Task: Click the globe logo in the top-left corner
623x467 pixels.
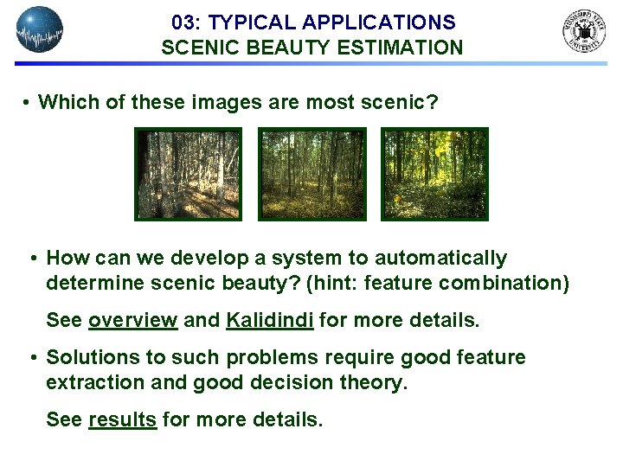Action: [40, 29]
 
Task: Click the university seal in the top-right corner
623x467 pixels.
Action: [585, 31]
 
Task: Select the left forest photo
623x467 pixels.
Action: [188, 174]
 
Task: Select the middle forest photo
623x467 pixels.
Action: [312, 174]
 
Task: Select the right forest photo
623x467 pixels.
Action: [435, 174]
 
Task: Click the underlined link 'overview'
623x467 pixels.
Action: [132, 321]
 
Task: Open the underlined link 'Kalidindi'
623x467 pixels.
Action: [270, 321]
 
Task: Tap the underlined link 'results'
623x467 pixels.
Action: [122, 420]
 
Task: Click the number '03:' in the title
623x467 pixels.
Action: [187, 22]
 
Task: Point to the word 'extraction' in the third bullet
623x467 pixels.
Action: [88, 383]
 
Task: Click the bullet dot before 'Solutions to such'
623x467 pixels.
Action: [33, 358]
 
